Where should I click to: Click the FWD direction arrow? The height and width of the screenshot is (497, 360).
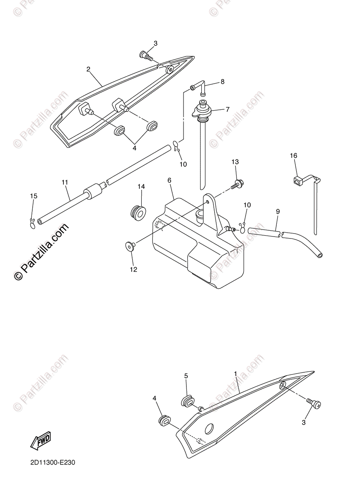40,442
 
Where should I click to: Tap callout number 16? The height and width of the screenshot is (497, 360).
293,156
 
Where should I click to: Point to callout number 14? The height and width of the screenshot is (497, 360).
141,187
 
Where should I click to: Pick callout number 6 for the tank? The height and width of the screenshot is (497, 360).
169,181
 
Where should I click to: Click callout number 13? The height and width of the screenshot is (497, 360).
235,162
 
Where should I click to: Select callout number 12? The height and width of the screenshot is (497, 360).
133,269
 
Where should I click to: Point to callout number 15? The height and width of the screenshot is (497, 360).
34,195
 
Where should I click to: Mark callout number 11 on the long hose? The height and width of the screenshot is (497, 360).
65,182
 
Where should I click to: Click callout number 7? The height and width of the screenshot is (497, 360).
227,109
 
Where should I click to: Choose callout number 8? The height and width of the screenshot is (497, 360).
222,82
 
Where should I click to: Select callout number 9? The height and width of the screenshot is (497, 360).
278,211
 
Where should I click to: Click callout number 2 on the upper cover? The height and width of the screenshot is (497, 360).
88,69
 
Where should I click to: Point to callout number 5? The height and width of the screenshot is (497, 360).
186,376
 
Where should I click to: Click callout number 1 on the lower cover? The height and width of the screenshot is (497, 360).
235,373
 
